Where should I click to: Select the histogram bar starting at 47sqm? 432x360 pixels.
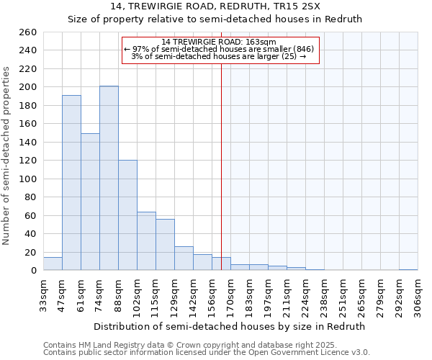pos(71,183)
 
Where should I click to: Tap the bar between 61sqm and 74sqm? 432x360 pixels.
pos(90,202)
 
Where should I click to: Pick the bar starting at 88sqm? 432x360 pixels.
pos(127,215)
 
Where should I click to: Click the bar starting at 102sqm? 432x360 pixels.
pos(146,241)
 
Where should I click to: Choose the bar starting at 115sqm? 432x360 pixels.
pos(165,245)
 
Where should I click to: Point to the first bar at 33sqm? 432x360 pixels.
pos(53,264)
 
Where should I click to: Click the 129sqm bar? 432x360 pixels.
pos(184,258)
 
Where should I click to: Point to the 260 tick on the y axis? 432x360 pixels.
pos(28,32)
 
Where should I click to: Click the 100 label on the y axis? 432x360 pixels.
pos(28,179)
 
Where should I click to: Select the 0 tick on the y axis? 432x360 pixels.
pos(33,270)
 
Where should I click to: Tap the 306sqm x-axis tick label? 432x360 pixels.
pos(418,294)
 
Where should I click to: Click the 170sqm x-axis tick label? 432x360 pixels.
pos(230,294)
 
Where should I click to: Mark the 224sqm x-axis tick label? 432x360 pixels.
pos(305,294)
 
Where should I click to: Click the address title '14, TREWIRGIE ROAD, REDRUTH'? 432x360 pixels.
pos(216,6)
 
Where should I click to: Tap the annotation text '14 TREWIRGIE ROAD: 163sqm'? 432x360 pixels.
pos(219,42)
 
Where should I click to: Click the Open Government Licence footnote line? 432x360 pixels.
pos(207,352)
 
